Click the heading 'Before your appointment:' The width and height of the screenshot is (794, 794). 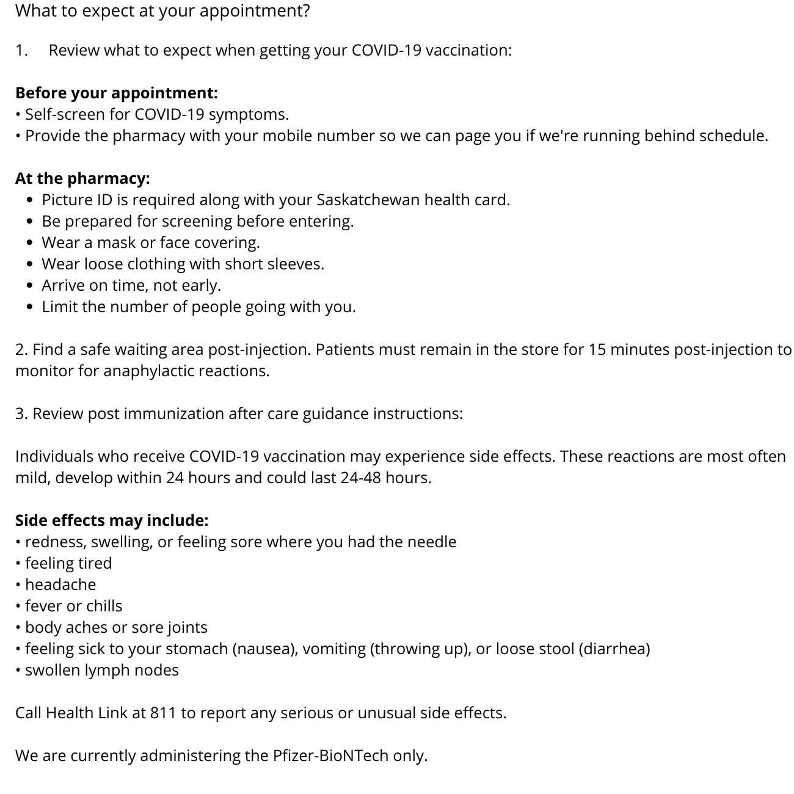tap(116, 93)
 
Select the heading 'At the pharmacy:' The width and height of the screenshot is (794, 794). tap(82, 178)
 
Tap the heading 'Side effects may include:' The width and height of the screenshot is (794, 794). tap(112, 520)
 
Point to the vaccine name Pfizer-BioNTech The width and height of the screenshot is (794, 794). tap(330, 756)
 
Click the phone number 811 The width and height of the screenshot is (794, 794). tap(163, 713)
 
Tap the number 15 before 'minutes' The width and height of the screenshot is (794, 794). tap(597, 349)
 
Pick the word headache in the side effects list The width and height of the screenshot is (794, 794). tap(60, 585)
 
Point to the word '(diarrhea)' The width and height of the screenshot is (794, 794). tap(614, 649)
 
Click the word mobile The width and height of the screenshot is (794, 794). tap(286, 136)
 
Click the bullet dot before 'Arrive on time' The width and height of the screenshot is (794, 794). tap(31, 286)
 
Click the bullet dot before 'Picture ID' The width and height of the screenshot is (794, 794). tap(31, 200)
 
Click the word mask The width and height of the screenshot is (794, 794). tap(116, 242)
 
